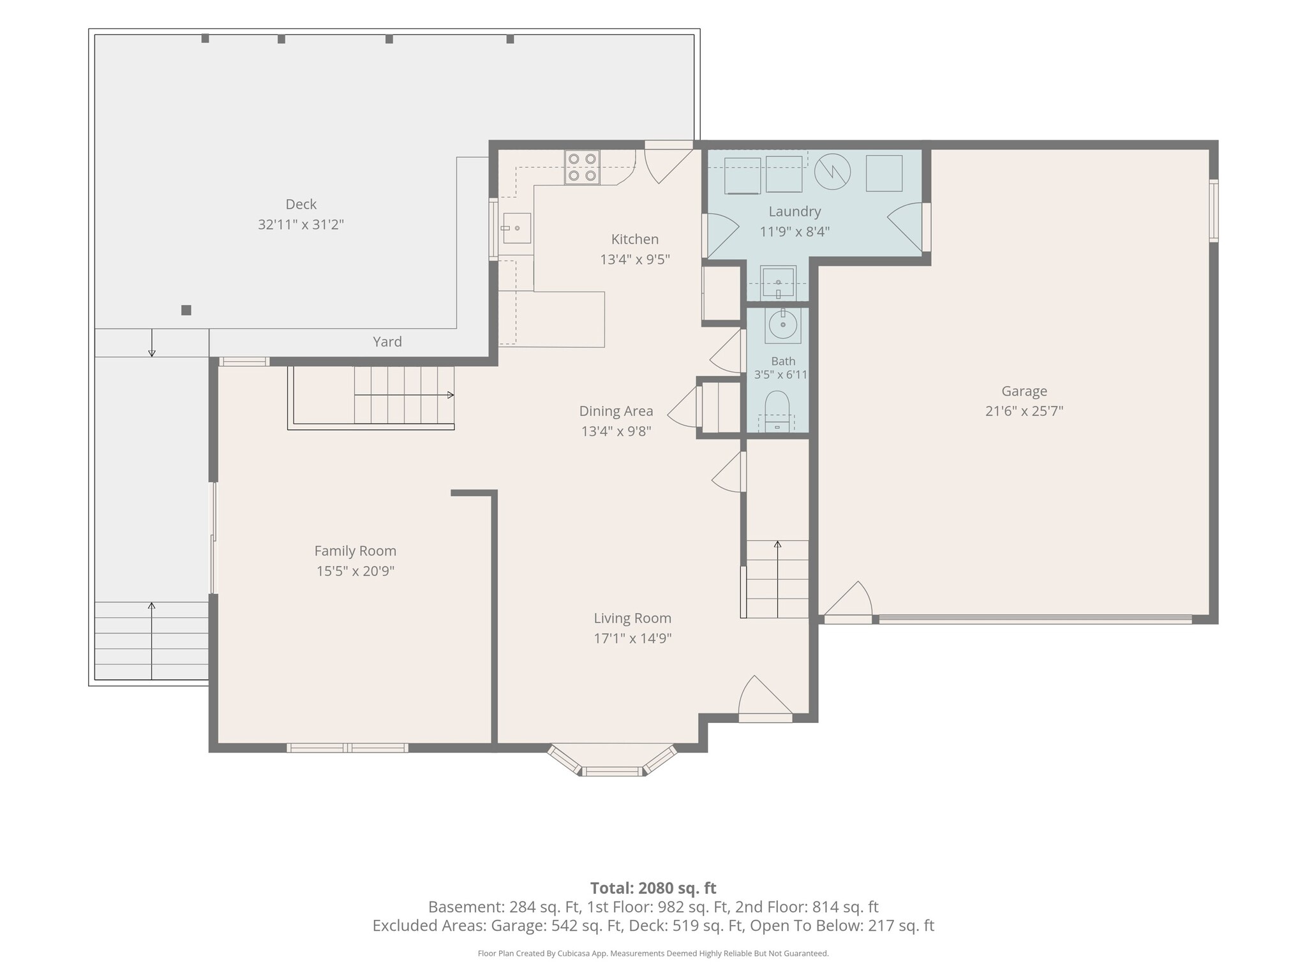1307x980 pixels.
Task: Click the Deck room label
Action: point(301,204)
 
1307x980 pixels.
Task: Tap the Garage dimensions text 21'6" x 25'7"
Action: point(1024,411)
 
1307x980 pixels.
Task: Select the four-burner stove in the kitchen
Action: point(582,167)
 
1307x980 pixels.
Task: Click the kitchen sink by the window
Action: point(516,228)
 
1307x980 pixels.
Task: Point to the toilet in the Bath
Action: point(777,412)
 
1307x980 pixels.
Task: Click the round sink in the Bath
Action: point(783,325)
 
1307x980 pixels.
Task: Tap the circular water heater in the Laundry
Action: point(832,172)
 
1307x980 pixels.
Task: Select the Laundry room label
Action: point(795,211)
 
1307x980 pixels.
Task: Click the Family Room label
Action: point(355,551)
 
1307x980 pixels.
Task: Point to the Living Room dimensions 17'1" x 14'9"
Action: point(632,638)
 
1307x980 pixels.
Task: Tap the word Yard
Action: point(387,341)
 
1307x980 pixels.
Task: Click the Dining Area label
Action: point(616,411)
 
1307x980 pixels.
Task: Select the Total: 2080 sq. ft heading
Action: point(653,888)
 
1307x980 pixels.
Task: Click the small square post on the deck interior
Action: point(186,310)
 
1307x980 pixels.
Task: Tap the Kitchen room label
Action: point(634,239)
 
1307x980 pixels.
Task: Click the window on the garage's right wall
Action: point(1214,211)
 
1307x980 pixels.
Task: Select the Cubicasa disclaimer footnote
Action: point(653,954)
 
